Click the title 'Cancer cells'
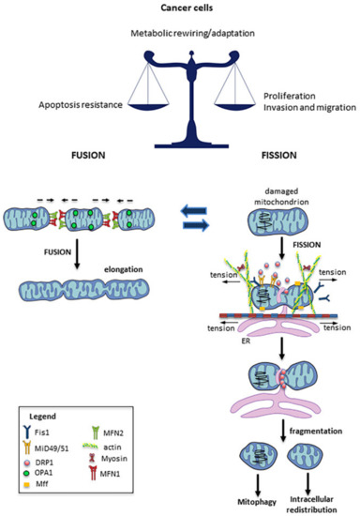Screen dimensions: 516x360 [x=180, y=8]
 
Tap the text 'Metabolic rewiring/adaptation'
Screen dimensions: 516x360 [x=180, y=34]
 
